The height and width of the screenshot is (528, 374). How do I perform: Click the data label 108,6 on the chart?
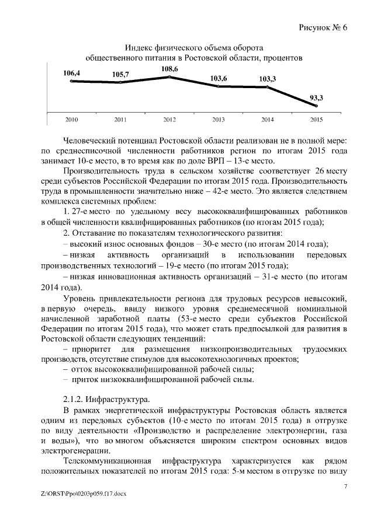[169, 69]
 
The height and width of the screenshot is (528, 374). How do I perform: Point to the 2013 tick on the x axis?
[218, 120]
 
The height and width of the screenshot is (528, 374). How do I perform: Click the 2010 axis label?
[71, 120]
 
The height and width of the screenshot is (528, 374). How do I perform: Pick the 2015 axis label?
[316, 120]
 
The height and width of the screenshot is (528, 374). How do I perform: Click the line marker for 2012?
[169, 77]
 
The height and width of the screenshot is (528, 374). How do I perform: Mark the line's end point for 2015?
[316, 106]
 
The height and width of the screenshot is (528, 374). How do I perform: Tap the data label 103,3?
[267, 78]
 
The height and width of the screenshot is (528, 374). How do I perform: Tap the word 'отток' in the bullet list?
[82, 369]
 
